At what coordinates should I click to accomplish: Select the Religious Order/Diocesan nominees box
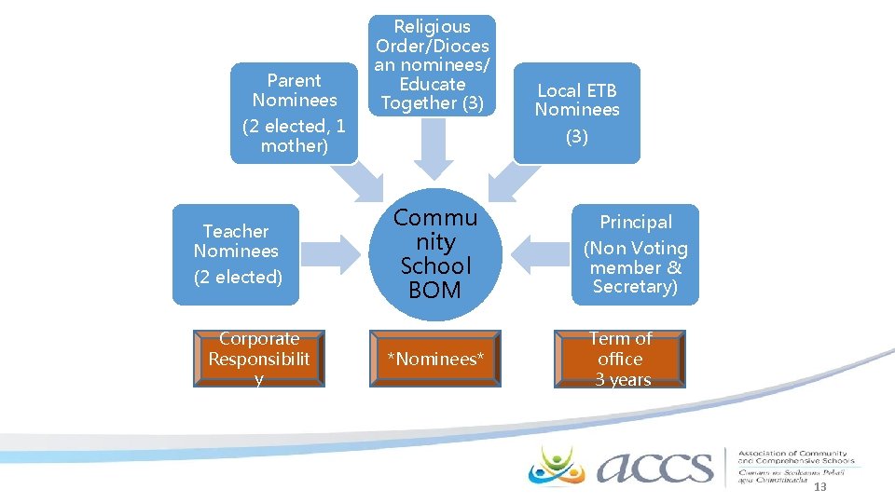(432, 65)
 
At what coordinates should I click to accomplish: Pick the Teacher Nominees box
(236, 254)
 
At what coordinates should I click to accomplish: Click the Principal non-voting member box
(635, 254)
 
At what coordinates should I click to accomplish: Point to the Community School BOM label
(434, 254)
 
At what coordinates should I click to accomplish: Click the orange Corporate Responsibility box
(258, 359)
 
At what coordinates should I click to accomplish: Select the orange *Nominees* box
(435, 359)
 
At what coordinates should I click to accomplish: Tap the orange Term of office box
(620, 359)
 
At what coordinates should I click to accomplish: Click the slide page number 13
(820, 489)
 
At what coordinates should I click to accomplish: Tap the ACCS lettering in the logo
(653, 466)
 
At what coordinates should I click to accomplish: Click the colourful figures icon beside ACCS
(557, 465)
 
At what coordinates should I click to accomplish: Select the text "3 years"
(623, 379)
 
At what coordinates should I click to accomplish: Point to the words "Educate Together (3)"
(432, 93)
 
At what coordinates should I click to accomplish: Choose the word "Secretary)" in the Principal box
(635, 287)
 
